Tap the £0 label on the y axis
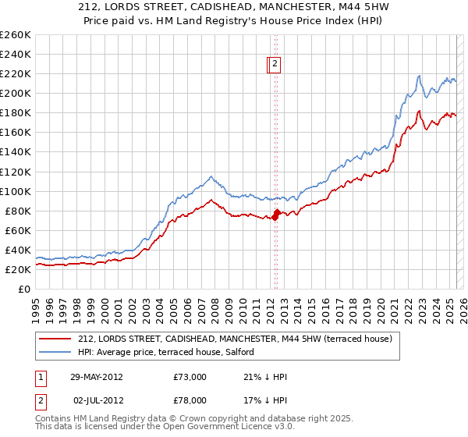(24, 289)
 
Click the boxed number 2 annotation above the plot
(276, 66)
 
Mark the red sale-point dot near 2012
(277, 212)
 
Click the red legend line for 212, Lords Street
(55, 338)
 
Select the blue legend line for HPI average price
(55, 352)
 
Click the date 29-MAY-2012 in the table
(97, 377)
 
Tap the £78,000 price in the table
(190, 400)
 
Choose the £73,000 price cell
(190, 377)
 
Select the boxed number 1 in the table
(41, 377)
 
